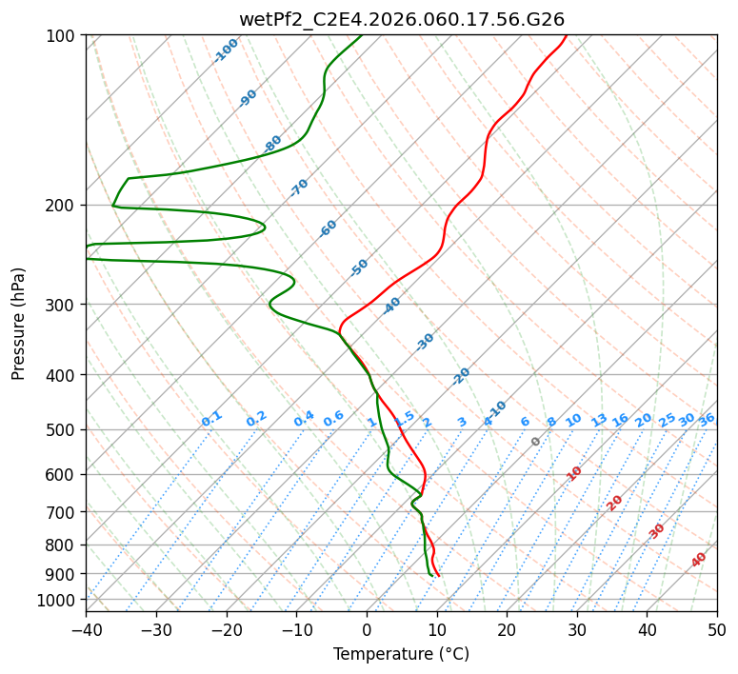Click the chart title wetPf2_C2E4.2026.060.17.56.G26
401,19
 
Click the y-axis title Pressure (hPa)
19,324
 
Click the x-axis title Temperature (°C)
401,655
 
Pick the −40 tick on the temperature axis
86,630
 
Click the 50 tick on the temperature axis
717,630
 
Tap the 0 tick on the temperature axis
367,630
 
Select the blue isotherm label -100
226,50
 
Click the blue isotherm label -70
299,188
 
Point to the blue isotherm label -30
425,342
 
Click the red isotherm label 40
699,560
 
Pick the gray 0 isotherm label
536,442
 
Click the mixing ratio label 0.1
211,419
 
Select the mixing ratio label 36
707,419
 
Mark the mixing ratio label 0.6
333,419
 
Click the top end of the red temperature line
566,36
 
